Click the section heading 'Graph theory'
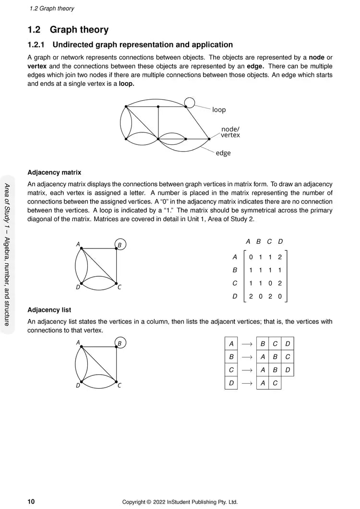pyautogui.click(x=79, y=30)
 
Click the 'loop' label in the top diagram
pyautogui.click(x=219, y=110)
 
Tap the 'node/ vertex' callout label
pyautogui.click(x=230, y=132)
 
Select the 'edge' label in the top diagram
pyautogui.click(x=223, y=153)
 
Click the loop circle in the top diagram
pyautogui.click(x=190, y=102)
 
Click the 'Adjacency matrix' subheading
pyautogui.click(x=54, y=172)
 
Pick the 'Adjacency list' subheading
pyautogui.click(x=49, y=310)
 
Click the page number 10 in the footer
pyautogui.click(x=31, y=502)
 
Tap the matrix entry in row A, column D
pyautogui.click(x=280, y=257)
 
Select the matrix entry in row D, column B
pyautogui.click(x=260, y=296)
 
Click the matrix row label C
pyautogui.click(x=235, y=284)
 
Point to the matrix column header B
pyautogui.click(x=259, y=241)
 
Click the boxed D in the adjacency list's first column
pyautogui.click(x=231, y=383)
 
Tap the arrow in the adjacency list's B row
pyautogui.click(x=247, y=357)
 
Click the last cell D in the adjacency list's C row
pyautogui.click(x=288, y=370)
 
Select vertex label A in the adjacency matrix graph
pyautogui.click(x=78, y=244)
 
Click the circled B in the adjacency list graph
pyautogui.click(x=120, y=343)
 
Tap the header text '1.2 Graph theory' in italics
pyautogui.click(x=52, y=9)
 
